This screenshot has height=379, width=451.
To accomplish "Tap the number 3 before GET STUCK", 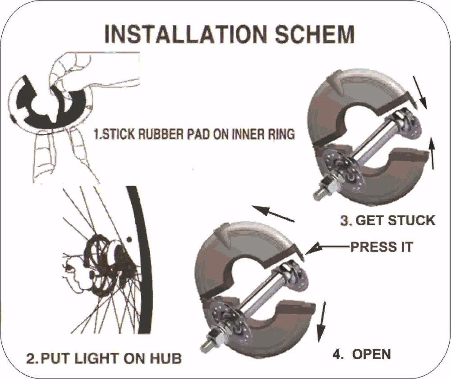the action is tap(345, 221).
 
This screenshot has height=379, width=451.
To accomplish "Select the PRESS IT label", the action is tap(382, 247).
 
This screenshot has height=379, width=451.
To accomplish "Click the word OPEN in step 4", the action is tap(371, 354).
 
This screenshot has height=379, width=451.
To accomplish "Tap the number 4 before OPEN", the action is tap(337, 354).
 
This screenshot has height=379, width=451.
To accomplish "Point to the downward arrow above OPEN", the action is tap(322, 322).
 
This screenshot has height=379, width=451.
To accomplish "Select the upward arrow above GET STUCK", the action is tap(433, 153).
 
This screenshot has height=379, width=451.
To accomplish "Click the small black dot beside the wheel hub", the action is tap(129, 239).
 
